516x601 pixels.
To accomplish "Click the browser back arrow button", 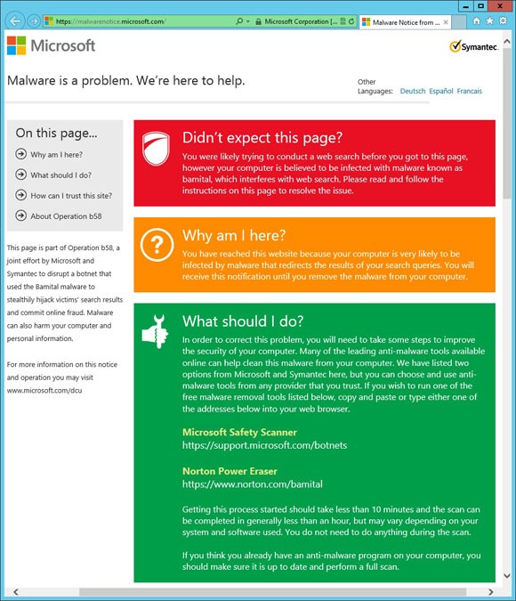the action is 14,20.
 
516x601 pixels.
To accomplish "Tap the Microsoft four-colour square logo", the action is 16,45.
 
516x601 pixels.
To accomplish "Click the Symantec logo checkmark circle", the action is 455,46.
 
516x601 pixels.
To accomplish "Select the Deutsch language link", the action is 413,91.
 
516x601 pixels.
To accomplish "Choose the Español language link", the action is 441,91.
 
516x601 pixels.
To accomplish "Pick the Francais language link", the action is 470,91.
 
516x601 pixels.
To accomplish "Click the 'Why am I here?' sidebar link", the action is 56,154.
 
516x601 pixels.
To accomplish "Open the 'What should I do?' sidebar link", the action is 60,175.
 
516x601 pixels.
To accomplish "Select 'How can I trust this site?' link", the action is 71,195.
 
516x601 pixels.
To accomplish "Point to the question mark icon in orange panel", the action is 157,242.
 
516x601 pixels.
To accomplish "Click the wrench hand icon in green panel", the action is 156,330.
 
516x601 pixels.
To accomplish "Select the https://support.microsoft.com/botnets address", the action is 264,445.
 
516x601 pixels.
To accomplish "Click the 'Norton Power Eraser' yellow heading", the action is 230,471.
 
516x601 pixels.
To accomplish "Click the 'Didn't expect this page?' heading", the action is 262,137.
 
